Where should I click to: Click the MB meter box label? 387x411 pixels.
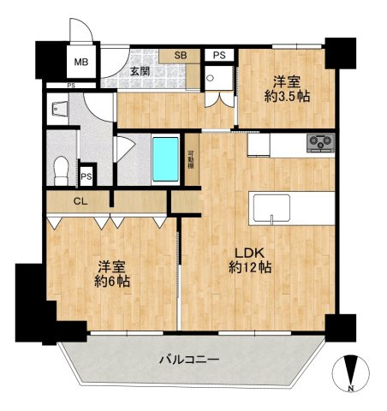tap(81, 62)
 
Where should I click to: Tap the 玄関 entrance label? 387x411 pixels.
tap(140, 71)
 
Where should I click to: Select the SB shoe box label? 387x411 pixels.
tap(181, 55)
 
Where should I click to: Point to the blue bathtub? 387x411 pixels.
tap(165, 159)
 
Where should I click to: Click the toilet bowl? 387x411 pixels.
tap(61, 170)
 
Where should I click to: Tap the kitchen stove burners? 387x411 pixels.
tap(321, 142)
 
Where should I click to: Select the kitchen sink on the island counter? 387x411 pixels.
tap(271, 207)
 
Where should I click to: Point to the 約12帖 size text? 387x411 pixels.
tap(250, 268)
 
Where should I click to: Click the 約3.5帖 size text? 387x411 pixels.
tap(287, 97)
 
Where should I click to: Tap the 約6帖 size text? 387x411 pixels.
tap(112, 282)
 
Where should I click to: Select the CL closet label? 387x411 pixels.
tap(80, 201)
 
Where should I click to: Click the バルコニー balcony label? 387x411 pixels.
tap(189, 360)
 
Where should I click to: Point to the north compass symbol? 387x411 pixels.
tap(351, 373)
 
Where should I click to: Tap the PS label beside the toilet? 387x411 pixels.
tap(86, 176)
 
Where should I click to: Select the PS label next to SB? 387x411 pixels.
tap(219, 55)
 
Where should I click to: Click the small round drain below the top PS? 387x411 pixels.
tap(211, 78)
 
